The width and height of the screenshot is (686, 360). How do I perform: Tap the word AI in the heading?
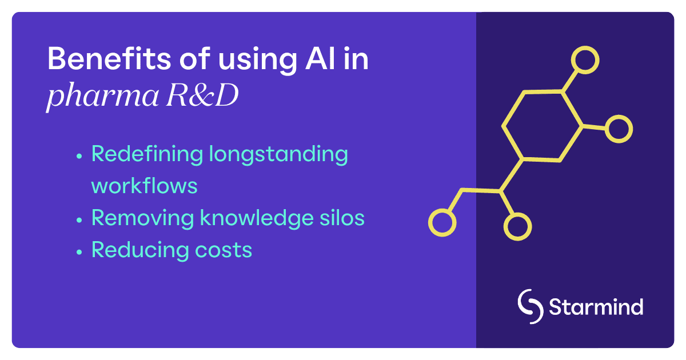tap(322, 59)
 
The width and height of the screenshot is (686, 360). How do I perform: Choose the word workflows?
tap(145, 186)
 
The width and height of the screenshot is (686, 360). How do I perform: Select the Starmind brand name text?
tap(596, 307)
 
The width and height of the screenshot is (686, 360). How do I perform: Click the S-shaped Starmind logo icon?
tap(530, 306)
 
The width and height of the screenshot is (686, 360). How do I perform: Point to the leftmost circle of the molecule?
tap(442, 222)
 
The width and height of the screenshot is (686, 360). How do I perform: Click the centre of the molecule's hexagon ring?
tap(542, 126)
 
